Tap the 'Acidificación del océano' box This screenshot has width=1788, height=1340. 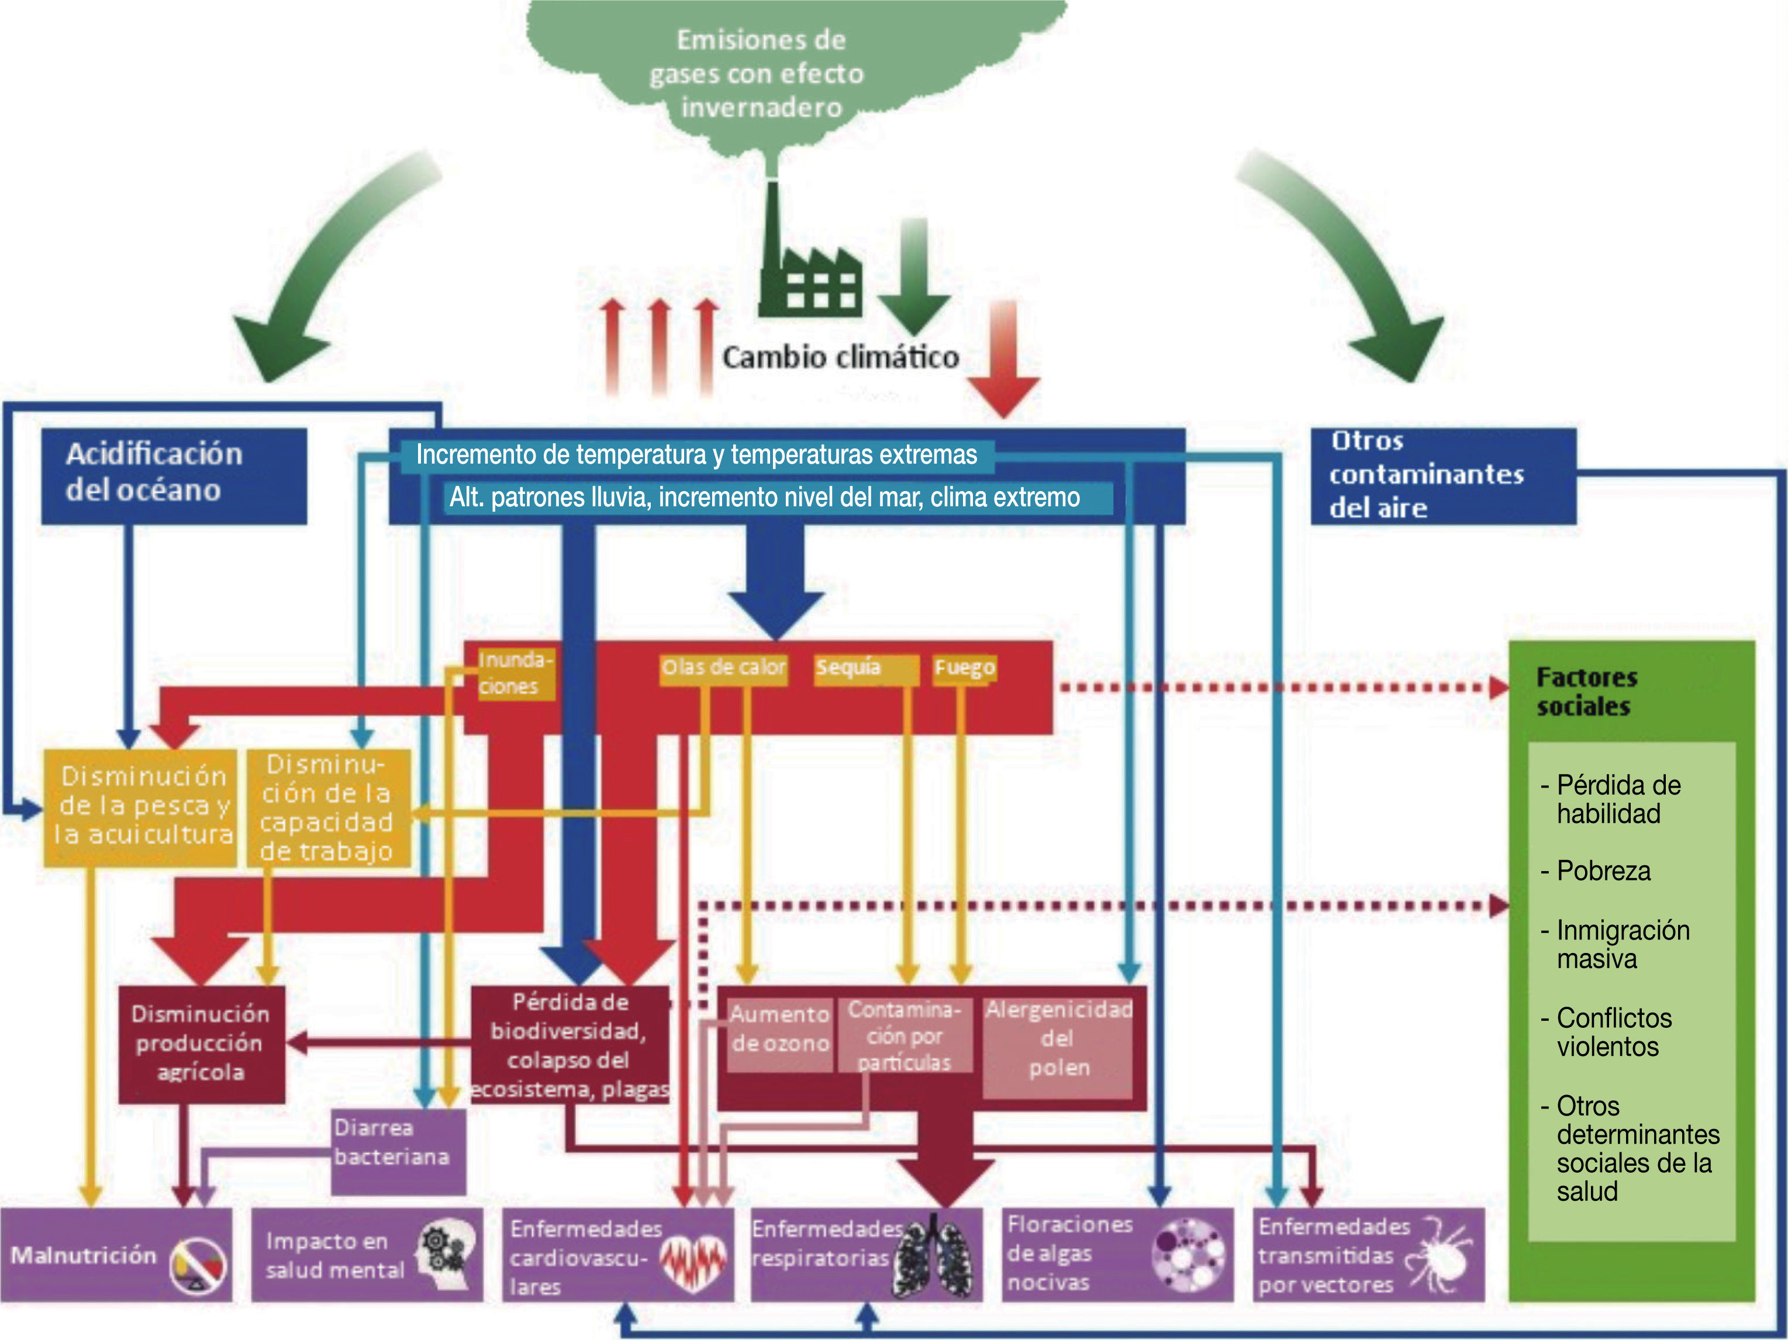point(174,476)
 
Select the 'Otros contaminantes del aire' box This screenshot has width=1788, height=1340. point(1443,476)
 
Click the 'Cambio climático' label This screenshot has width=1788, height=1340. point(841,357)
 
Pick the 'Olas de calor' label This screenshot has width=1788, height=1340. point(723,668)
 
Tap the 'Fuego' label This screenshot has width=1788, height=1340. point(964,668)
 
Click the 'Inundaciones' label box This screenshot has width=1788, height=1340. point(516,674)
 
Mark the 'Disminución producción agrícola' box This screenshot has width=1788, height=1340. point(201,1044)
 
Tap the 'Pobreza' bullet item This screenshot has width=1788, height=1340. point(1596,871)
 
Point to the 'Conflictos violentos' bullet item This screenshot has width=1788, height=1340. point(1606,1032)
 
